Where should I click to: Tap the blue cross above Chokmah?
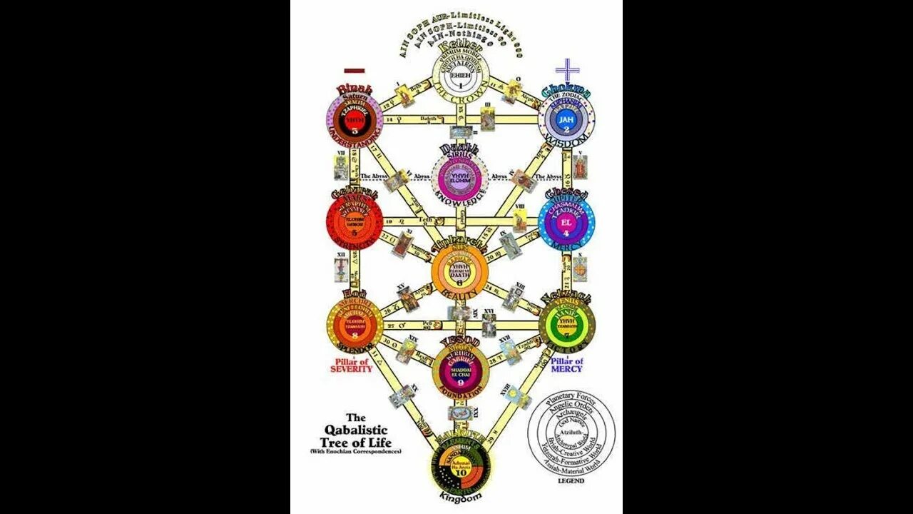(x=567, y=71)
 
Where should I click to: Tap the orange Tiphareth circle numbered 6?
(x=459, y=274)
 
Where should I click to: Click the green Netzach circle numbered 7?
(x=566, y=326)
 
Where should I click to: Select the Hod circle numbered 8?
(x=355, y=326)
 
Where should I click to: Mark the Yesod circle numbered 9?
(x=459, y=371)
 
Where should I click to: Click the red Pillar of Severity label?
(x=351, y=365)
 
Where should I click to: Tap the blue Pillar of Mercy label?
(x=567, y=365)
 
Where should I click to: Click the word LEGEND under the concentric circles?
(x=571, y=480)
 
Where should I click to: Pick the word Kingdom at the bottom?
(x=460, y=495)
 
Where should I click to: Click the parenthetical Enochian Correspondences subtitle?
(x=356, y=451)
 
